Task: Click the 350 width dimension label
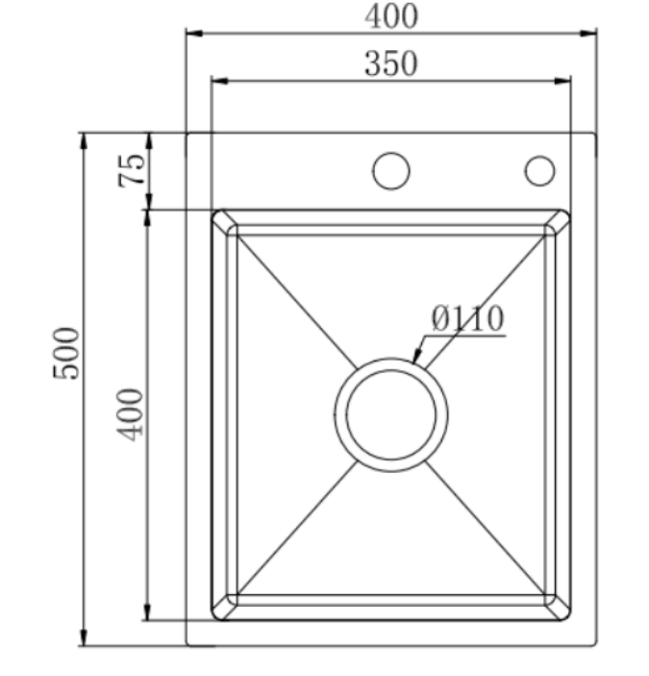[x=391, y=63]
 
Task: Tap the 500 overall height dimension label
[x=66, y=354]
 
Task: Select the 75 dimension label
[x=132, y=171]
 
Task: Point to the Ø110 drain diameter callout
[x=467, y=318]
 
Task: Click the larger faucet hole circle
[x=391, y=171]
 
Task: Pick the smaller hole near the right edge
[x=539, y=171]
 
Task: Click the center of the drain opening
[x=391, y=414]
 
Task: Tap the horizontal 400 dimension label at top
[x=391, y=16]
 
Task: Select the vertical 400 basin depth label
[x=131, y=414]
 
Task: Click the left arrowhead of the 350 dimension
[x=220, y=81]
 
